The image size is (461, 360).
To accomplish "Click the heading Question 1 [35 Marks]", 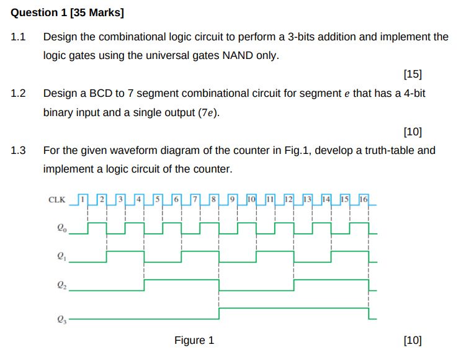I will point(59,12).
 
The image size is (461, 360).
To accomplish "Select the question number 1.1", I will point(19,37).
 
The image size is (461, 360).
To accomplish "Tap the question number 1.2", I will point(19,94).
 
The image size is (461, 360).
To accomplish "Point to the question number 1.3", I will point(19,151).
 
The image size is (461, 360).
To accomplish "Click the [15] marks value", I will point(412,75).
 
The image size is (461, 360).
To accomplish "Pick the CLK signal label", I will point(56,200).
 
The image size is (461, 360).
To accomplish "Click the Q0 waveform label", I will point(60,228).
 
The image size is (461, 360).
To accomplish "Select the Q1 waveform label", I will point(60,255).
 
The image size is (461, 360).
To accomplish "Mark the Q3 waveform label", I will point(60,320).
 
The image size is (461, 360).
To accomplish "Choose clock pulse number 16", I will point(364,199).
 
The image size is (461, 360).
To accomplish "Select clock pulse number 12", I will point(289,199).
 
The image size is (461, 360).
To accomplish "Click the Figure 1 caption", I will point(194,341).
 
